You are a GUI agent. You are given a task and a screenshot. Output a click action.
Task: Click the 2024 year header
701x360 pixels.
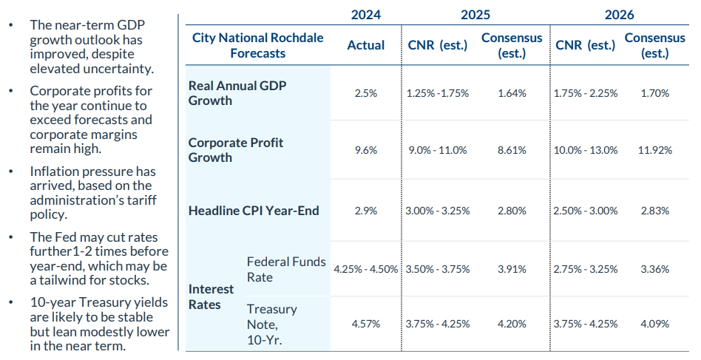366,15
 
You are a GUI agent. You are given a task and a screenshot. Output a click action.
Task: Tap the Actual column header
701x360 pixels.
366,45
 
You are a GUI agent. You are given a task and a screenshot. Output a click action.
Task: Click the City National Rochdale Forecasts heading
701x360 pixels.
257,45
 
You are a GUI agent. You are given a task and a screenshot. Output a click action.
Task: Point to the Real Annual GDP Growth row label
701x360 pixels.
237,93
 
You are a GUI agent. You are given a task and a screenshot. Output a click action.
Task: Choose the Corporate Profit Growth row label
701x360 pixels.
235,150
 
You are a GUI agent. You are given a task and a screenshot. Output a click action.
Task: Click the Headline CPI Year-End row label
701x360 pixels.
254,211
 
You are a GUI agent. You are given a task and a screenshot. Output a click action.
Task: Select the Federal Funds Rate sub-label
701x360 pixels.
285,269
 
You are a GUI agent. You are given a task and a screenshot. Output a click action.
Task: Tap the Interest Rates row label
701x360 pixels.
211,296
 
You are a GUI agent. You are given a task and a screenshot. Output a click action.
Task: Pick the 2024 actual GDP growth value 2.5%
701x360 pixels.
366,94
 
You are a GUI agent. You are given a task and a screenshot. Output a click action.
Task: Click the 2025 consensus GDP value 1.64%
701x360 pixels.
512,94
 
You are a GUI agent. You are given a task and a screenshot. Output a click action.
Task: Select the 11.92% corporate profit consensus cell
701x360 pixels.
654,150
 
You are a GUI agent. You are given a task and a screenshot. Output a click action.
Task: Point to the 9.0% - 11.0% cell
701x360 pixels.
438,150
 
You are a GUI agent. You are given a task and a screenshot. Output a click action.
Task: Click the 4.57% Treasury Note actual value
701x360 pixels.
366,323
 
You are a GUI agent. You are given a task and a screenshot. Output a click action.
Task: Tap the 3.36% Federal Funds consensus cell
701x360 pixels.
654,269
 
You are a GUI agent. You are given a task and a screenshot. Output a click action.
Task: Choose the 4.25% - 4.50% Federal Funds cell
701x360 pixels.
366,269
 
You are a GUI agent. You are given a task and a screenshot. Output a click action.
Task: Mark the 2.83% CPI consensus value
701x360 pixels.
654,211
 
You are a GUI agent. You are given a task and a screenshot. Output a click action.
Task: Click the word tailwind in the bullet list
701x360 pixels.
64,280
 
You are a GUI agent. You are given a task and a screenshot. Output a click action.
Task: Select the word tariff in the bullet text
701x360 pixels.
139,200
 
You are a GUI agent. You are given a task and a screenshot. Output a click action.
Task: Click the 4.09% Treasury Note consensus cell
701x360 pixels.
654,323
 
